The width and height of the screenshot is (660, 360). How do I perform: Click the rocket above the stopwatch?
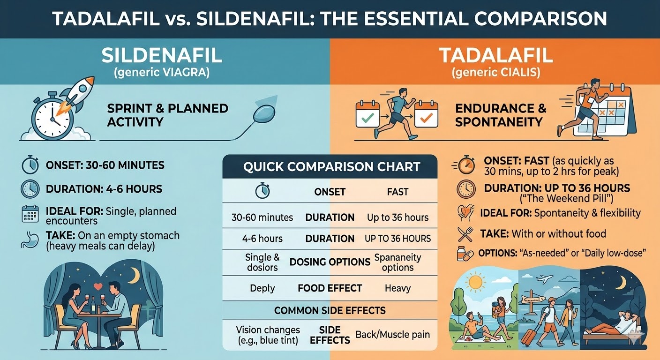pyautogui.click(x=76, y=96)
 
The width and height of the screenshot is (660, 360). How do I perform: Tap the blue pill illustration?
pyautogui.click(x=265, y=112)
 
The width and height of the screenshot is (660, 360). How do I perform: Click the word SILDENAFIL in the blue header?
pyautogui.click(x=161, y=55)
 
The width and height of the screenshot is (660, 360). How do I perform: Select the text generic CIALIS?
pyautogui.click(x=496, y=73)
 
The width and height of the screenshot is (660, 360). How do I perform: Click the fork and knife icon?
pyautogui.click(x=466, y=234)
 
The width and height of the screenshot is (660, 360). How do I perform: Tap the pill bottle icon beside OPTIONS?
pyautogui.click(x=465, y=254)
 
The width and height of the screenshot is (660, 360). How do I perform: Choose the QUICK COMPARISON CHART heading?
pyautogui.click(x=331, y=167)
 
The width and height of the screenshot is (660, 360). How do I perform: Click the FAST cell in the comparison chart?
pyautogui.click(x=397, y=192)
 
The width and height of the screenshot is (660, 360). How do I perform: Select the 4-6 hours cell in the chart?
pyautogui.click(x=262, y=238)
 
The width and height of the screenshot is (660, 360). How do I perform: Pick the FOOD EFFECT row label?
pyautogui.click(x=330, y=288)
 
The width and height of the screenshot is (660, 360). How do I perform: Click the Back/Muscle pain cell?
pyautogui.click(x=393, y=335)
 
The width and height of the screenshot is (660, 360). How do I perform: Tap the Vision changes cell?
pyautogui.click(x=268, y=335)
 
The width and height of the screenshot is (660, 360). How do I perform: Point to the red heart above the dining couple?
pyautogui.click(x=98, y=286)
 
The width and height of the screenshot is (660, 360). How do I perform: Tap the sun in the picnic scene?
pyautogui.click(x=475, y=282)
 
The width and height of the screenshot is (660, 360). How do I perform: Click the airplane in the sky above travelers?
pyautogui.click(x=545, y=279)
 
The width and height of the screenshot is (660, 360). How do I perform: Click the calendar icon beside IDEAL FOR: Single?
pyautogui.click(x=30, y=214)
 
